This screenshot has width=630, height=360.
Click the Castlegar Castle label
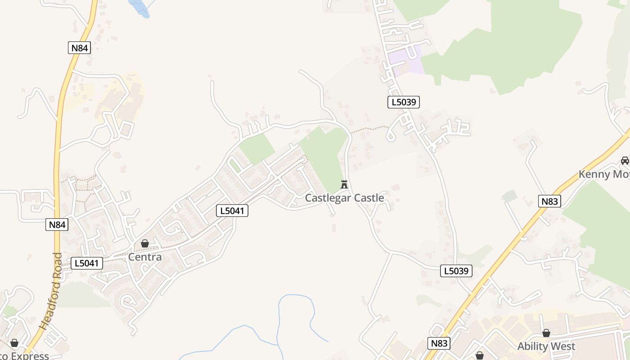[x=344, y=198]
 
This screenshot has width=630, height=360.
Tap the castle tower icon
[x=344, y=184]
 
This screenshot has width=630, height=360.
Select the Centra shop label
[x=145, y=257]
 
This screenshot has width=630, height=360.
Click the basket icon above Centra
[x=145, y=243]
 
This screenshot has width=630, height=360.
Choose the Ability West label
[x=546, y=346]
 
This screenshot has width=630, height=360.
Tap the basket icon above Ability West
[x=546, y=333]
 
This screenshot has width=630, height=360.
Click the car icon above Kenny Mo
[x=625, y=160]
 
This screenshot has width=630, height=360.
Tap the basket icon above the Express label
[x=14, y=343]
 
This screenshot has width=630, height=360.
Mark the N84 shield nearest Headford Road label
[x=57, y=225]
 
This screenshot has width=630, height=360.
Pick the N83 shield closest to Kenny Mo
[x=549, y=201]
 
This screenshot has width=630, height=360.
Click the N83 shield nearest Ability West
[x=439, y=343]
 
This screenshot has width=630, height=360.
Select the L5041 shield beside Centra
[x=86, y=263]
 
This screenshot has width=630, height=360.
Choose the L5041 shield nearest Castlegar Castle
[x=232, y=210]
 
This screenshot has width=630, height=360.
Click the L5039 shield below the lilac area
[x=403, y=102]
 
